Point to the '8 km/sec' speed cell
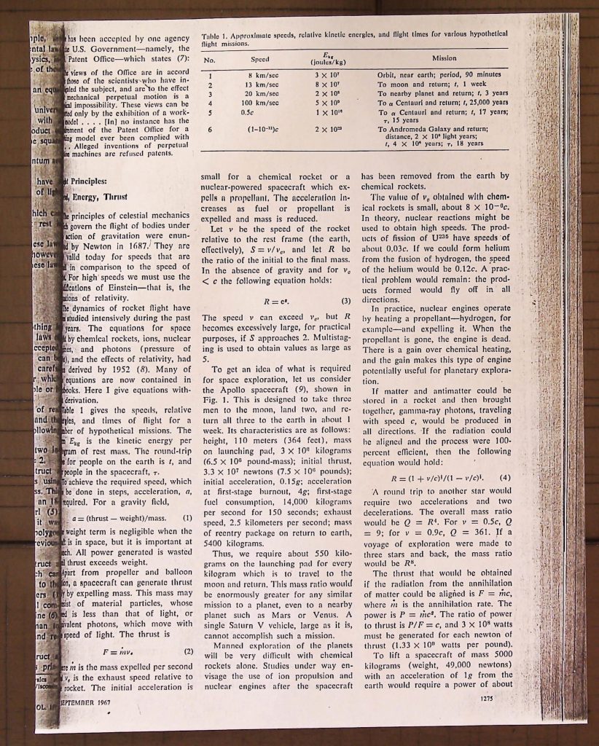(x=259, y=75)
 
